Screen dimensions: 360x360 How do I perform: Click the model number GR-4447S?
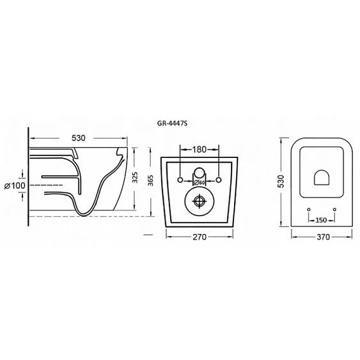172,123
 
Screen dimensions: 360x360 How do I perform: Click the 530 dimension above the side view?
79,138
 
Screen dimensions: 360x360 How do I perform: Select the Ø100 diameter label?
15,185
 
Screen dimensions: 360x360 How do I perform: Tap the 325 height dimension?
135,178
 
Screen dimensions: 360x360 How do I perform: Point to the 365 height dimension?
150,180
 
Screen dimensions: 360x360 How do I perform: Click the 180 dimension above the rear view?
200,150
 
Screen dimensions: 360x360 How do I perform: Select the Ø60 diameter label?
199,182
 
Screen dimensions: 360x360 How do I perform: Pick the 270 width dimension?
200,237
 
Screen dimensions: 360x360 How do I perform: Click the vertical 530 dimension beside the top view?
281,182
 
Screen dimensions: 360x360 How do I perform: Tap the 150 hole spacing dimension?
321,221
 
